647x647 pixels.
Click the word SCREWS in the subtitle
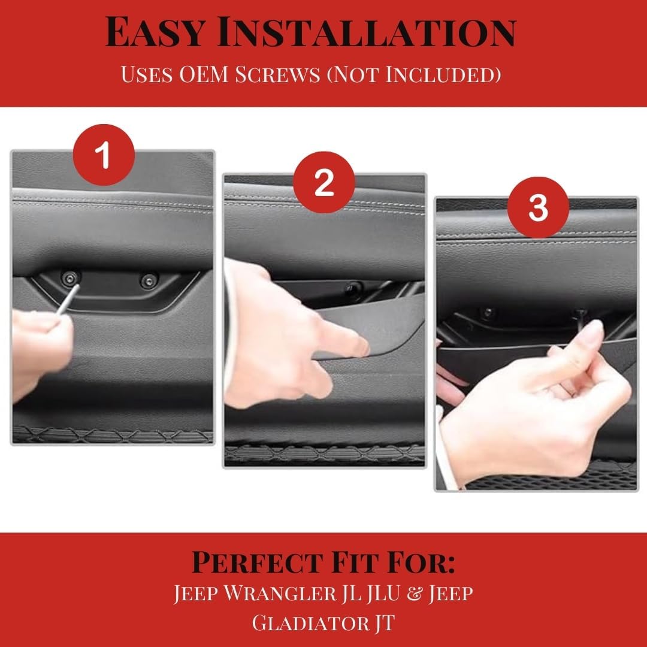point(277,75)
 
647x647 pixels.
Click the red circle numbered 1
point(104,155)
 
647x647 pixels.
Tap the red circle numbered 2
point(324,182)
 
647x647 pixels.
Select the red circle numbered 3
point(538,207)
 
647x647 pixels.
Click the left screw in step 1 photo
point(71,279)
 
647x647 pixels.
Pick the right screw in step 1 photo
point(149,281)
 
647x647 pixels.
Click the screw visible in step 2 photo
point(353,288)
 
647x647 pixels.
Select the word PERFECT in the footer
point(258,563)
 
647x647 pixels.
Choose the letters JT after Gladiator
point(385,624)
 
